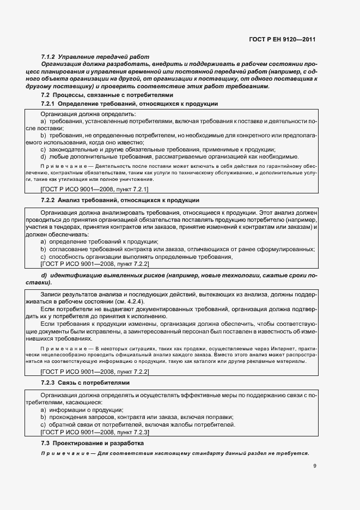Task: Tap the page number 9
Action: pyautogui.click(x=315, y=466)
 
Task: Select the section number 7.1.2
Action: pyautogui.click(x=49, y=57)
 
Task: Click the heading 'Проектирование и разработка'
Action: pyautogui.click(x=99, y=444)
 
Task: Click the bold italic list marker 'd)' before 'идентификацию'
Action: pyautogui.click(x=45, y=276)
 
